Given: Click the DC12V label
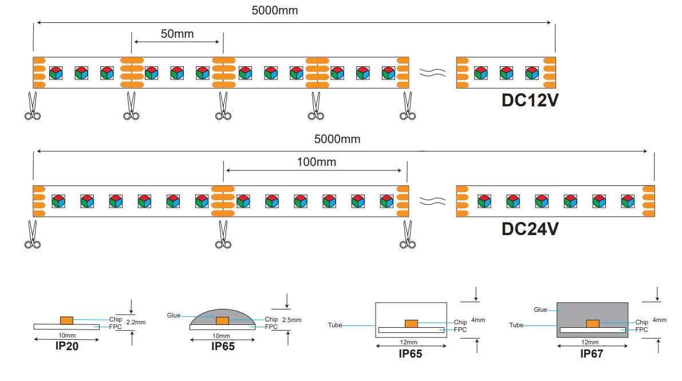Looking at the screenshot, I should (530, 100).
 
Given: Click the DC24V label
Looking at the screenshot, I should (530, 229).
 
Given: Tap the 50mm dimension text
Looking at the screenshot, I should (177, 34).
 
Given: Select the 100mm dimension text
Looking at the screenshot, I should (317, 162).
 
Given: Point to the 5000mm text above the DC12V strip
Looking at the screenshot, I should (275, 10).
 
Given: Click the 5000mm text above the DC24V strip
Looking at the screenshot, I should (337, 139).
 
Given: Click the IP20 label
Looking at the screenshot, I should (67, 346).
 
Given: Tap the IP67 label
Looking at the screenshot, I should (592, 354).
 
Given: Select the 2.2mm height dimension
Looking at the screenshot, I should (136, 323).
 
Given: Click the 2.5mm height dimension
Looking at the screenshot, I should (291, 320).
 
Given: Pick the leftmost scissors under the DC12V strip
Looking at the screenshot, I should (33, 107).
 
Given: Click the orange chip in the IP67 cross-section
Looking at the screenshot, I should (592, 323).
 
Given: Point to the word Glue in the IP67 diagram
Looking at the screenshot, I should (541, 309).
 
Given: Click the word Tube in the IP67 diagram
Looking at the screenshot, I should (516, 325).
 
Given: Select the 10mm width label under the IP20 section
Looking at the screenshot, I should (67, 335).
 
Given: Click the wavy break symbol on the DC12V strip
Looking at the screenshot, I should (432, 73).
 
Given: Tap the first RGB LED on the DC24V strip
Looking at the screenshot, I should (58, 201).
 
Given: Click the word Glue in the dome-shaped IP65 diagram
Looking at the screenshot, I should (174, 315).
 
